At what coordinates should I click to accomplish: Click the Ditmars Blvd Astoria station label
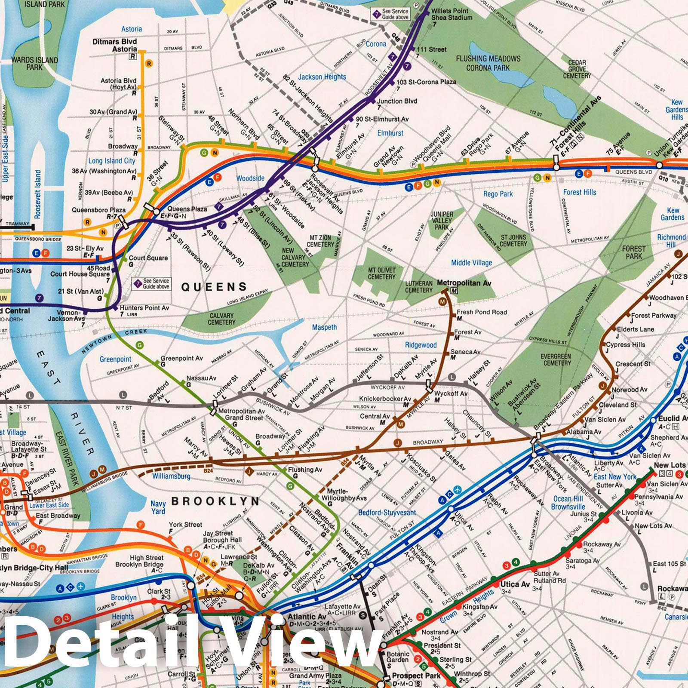pyautogui.click(x=114, y=45)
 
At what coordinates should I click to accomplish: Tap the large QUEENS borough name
pyautogui.click(x=214, y=287)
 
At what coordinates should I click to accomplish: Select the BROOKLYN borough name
pyautogui.click(x=215, y=501)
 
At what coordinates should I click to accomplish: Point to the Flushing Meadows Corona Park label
pyautogui.click(x=488, y=63)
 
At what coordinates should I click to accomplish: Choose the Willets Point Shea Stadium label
pyautogui.click(x=451, y=14)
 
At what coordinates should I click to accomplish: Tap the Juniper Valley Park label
pyautogui.click(x=442, y=220)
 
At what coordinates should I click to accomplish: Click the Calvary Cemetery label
pyautogui.click(x=221, y=319)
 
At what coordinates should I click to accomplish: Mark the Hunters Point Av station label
pyautogui.click(x=144, y=308)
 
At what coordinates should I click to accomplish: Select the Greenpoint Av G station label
pyautogui.click(x=181, y=358)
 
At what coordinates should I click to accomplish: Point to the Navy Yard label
pyautogui.click(x=158, y=507)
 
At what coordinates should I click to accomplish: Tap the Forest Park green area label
pyautogui.click(x=633, y=252)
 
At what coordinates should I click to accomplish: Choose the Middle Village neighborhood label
pyautogui.click(x=471, y=263)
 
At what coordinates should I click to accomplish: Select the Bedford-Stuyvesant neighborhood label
pyautogui.click(x=387, y=513)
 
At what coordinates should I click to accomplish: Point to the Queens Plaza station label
pyautogui.click(x=187, y=209)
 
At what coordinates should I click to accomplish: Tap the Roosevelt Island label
pyautogui.click(x=38, y=193)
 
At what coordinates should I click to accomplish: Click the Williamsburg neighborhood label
pyautogui.click(x=171, y=476)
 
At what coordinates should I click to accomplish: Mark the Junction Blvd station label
pyautogui.click(x=396, y=101)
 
